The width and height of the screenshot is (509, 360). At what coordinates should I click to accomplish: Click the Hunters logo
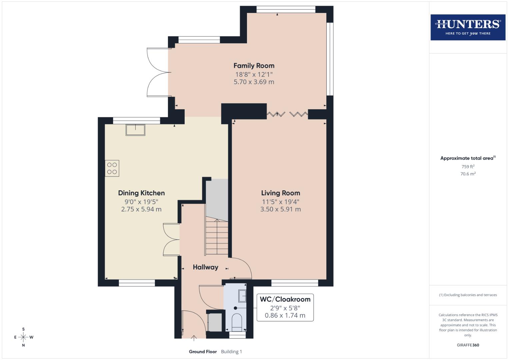click(468, 27)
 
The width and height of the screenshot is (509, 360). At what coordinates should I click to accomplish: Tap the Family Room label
click(254, 66)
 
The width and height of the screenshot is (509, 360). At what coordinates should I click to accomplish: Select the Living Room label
click(280, 193)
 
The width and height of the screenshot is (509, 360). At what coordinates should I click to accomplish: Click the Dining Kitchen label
click(141, 193)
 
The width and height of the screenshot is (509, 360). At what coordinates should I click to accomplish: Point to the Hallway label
click(205, 267)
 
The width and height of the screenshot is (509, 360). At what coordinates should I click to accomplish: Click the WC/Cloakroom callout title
click(285, 299)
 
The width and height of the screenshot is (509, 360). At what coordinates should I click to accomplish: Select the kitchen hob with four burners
click(112, 168)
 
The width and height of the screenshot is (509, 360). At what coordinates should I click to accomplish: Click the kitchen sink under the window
click(135, 130)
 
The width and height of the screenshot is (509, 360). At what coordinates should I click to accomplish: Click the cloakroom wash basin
click(242, 296)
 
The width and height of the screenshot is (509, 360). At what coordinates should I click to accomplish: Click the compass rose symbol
click(23, 337)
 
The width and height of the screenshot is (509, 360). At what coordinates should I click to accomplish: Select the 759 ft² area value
click(468, 167)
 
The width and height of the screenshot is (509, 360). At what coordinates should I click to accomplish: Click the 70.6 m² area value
click(468, 174)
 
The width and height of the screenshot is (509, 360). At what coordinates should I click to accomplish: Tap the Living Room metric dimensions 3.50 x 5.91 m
click(280, 209)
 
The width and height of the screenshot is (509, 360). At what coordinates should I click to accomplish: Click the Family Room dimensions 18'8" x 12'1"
click(254, 74)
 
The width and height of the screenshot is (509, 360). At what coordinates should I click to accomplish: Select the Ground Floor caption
click(203, 352)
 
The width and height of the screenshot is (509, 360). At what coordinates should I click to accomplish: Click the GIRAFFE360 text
click(468, 345)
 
